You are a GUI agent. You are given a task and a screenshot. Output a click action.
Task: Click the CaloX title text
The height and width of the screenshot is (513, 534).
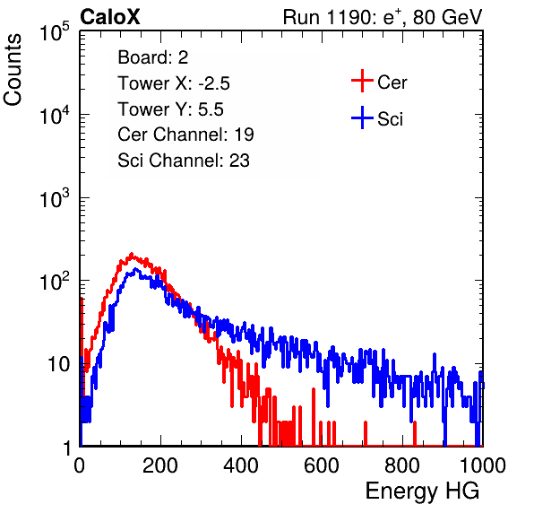coord(110,17)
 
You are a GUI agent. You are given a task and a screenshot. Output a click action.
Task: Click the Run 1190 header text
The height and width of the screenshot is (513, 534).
coord(383,17)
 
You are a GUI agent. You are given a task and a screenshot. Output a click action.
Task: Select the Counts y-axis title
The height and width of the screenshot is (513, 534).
coord(13,70)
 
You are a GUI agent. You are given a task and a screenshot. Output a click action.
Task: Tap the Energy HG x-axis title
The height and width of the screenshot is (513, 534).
coord(422,491)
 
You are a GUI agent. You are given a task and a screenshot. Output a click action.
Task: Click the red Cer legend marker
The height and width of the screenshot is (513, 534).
coord(362,81)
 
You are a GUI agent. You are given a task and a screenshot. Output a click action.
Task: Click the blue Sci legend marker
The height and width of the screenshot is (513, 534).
coord(362,117)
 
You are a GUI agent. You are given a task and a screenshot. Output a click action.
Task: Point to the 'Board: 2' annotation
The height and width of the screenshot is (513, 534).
coord(153,57)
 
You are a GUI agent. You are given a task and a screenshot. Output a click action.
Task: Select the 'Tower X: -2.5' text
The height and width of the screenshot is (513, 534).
coord(174,83)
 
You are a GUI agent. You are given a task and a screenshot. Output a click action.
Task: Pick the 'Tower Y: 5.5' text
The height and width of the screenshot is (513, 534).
coord(170,109)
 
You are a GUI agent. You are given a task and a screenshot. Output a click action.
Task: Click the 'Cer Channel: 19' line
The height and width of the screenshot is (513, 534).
coord(185,135)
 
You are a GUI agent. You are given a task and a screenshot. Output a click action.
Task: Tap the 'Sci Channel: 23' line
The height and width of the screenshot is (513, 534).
coord(184,161)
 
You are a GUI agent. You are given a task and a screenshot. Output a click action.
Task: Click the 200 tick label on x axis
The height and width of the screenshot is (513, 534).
coord(160,465)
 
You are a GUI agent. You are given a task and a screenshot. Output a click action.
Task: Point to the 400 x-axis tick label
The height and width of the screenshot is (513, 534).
coord(241,465)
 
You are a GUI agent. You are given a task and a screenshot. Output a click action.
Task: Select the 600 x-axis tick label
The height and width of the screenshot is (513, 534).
coord(322,465)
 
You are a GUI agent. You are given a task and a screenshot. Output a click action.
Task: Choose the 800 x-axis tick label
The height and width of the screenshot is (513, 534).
coord(402,465)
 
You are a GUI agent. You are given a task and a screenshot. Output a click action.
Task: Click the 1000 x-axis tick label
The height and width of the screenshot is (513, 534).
coord(483,465)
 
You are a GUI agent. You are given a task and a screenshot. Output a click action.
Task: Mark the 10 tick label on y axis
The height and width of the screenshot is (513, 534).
coord(59,364)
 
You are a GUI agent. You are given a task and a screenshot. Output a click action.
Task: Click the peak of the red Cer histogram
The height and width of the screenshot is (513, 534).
coord(132,254)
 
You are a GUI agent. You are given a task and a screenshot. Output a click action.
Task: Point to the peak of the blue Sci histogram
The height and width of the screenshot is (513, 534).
coord(135,269)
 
